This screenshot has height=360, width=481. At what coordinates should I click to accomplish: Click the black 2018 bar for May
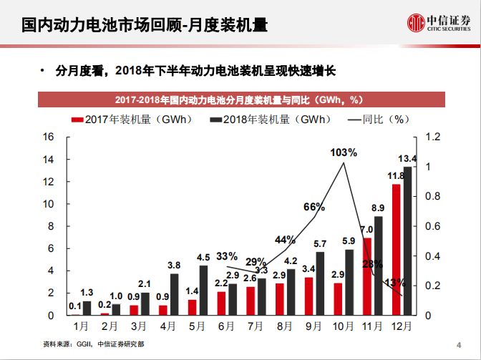[x=203, y=290]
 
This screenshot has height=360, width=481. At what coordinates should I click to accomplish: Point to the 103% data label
[x=344, y=152]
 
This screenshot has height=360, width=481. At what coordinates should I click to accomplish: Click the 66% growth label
[x=314, y=207]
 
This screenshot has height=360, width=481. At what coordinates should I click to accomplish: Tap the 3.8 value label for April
[x=173, y=265]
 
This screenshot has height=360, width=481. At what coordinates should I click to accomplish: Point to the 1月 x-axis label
[x=82, y=326]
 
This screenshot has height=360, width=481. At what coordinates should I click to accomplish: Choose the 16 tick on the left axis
[x=49, y=136]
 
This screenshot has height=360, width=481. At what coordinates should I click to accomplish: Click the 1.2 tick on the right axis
[x=433, y=136]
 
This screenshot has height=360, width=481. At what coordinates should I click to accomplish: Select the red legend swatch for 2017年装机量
[x=77, y=119]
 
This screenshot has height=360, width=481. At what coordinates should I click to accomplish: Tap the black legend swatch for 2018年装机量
[x=215, y=119]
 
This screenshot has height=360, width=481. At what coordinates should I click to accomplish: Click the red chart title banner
[x=240, y=99]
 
